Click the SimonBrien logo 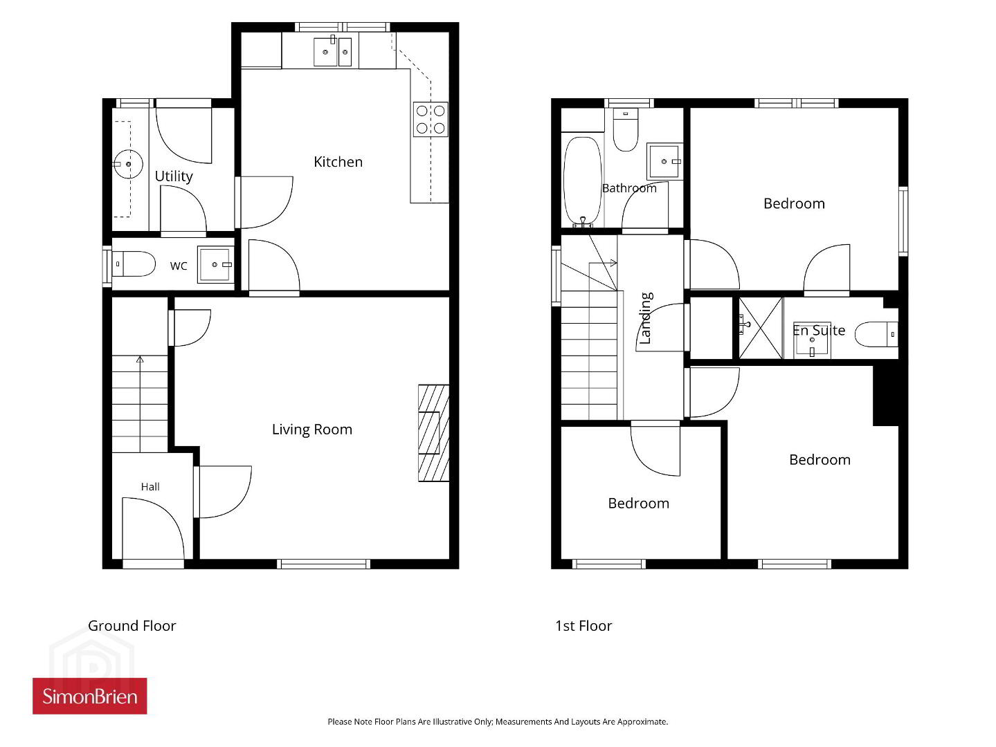click(x=89, y=696)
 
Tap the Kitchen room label click(x=338, y=162)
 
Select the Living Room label click(x=312, y=430)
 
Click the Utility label click(x=174, y=176)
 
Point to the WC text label click(x=179, y=266)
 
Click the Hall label click(x=150, y=487)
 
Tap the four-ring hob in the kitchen click(x=431, y=119)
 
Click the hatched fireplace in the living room click(x=434, y=433)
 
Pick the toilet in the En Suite click(x=876, y=335)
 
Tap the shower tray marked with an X click(x=760, y=328)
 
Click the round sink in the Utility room click(x=128, y=164)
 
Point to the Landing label click(x=645, y=318)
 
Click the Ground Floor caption click(x=132, y=626)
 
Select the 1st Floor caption click(x=583, y=626)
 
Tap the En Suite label click(x=819, y=331)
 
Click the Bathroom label click(x=629, y=188)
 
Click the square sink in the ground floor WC click(x=215, y=265)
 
